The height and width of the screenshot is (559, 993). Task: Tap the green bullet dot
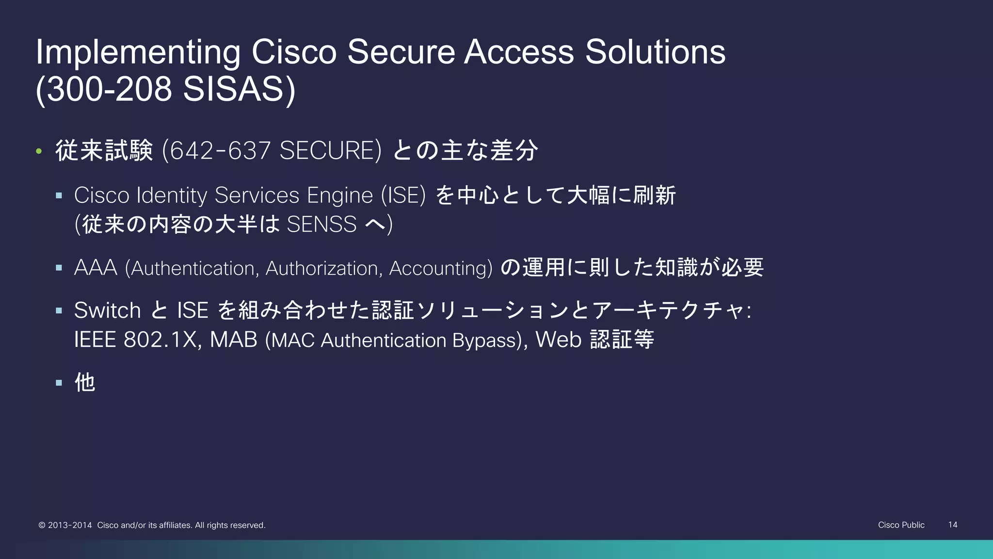click(39, 151)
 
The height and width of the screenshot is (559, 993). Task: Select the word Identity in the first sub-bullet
click(172, 196)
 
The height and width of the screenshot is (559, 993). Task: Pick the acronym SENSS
click(321, 225)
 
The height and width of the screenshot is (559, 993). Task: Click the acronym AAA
click(96, 268)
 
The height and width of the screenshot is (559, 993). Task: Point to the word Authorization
click(321, 268)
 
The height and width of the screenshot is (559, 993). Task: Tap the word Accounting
click(438, 268)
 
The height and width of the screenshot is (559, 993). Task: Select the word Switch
click(107, 311)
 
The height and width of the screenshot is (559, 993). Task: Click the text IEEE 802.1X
click(135, 340)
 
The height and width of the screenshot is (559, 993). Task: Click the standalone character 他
click(85, 382)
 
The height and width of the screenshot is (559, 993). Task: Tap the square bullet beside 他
click(59, 383)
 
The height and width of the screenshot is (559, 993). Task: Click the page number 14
click(952, 525)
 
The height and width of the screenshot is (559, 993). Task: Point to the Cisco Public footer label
click(901, 525)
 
